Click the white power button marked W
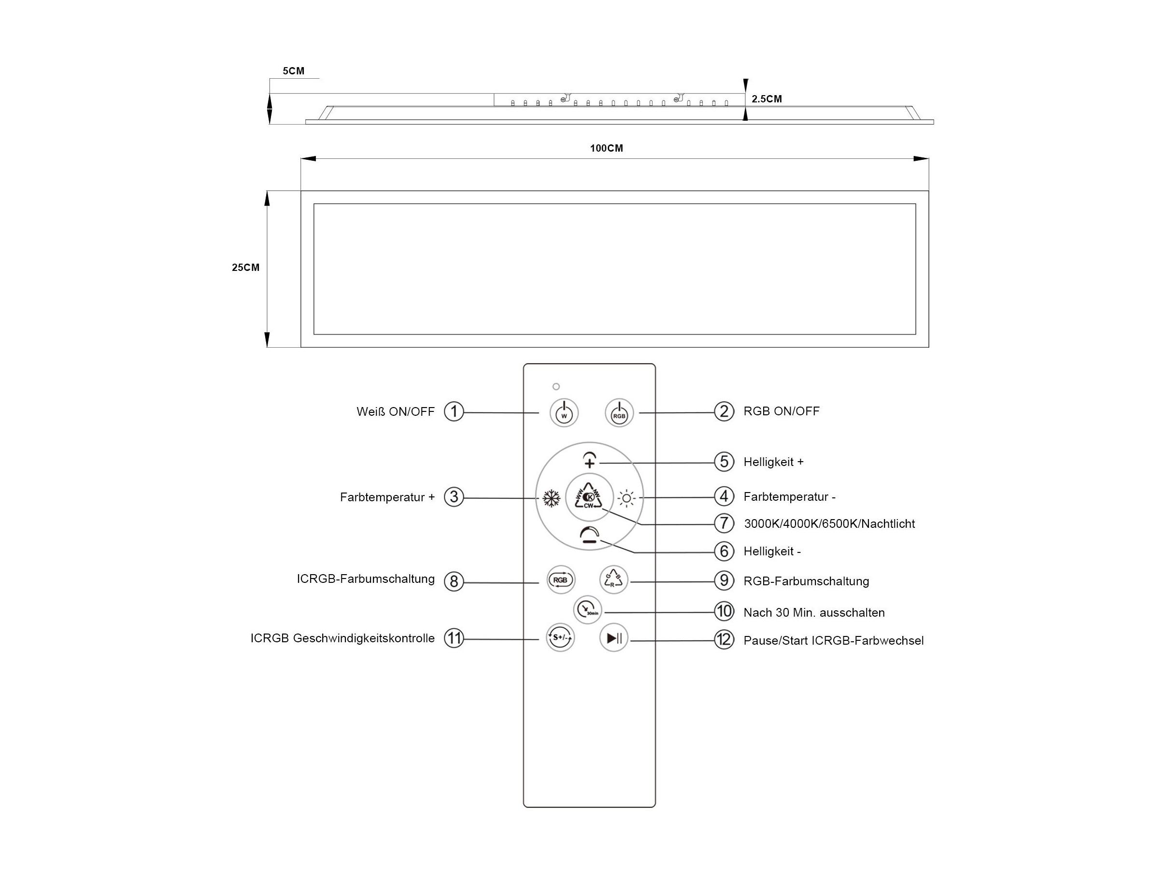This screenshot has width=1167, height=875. pos(564,412)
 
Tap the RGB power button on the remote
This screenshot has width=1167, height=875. pos(619,412)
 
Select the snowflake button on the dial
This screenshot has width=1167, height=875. pos(551,498)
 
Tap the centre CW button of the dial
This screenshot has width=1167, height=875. pos(589,497)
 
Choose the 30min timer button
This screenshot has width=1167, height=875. pos(587,610)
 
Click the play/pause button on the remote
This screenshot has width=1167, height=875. pos(614,638)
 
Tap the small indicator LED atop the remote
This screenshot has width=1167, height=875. pos(556,387)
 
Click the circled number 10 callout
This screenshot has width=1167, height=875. pos(724,611)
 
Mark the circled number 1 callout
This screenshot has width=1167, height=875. pos(454,411)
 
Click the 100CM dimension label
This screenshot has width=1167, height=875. pos(607,148)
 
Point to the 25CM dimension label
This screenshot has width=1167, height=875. pos(246,268)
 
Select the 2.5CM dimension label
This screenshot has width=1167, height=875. pos(767,99)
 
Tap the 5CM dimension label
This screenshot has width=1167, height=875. pos(293,71)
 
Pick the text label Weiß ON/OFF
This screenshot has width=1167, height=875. pos(396,411)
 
